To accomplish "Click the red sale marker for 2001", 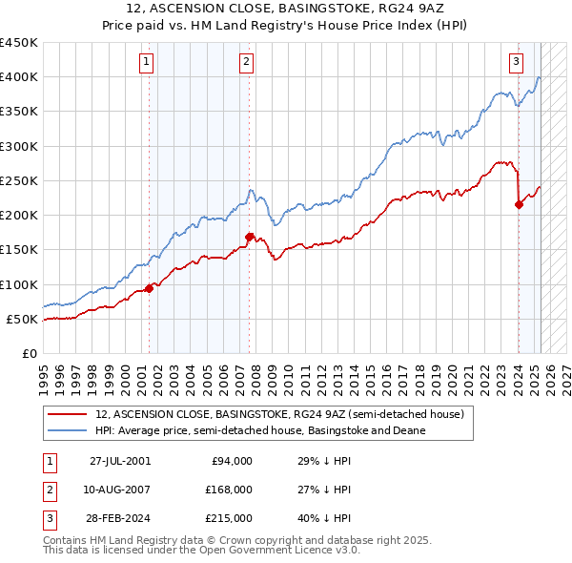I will [x=150, y=288].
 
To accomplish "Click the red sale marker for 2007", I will [x=249, y=237].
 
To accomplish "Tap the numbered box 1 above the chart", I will [x=147, y=63].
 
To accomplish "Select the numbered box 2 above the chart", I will [x=246, y=63].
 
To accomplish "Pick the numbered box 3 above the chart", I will [x=516, y=63].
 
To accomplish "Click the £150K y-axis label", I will [x=18, y=250].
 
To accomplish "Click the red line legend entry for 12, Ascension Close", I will [x=279, y=414].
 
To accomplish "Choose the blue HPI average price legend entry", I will [x=260, y=430].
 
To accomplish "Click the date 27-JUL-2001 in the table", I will [x=120, y=461].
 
